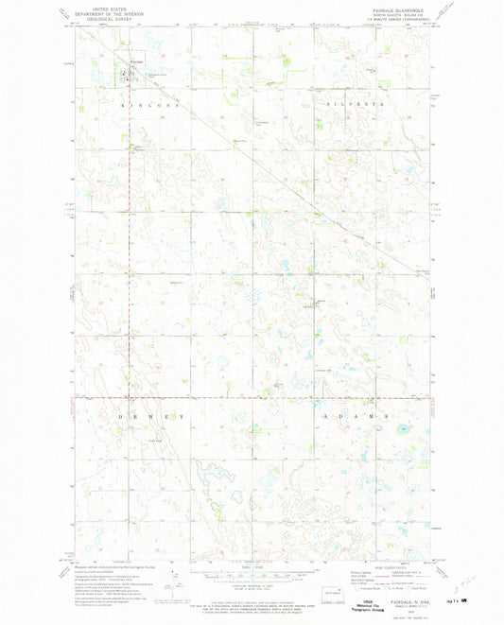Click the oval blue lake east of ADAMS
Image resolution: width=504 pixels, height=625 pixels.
point(405,429)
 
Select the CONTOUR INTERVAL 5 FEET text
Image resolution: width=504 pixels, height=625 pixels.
point(253,584)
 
